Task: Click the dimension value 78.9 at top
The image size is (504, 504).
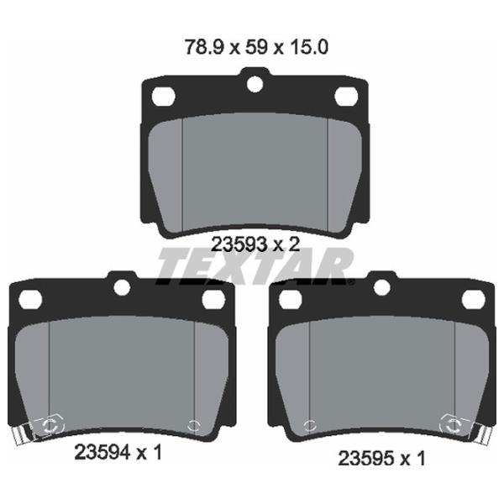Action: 204,47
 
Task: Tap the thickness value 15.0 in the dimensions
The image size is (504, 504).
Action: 309,47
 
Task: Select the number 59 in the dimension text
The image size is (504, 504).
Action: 256,47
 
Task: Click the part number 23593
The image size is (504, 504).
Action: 239,245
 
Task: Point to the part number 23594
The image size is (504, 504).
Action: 102,453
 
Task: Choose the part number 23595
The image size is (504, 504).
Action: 365,458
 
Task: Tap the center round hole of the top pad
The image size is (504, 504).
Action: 255,84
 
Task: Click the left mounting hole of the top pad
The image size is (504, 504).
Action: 163,96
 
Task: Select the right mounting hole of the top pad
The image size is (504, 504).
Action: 346,96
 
